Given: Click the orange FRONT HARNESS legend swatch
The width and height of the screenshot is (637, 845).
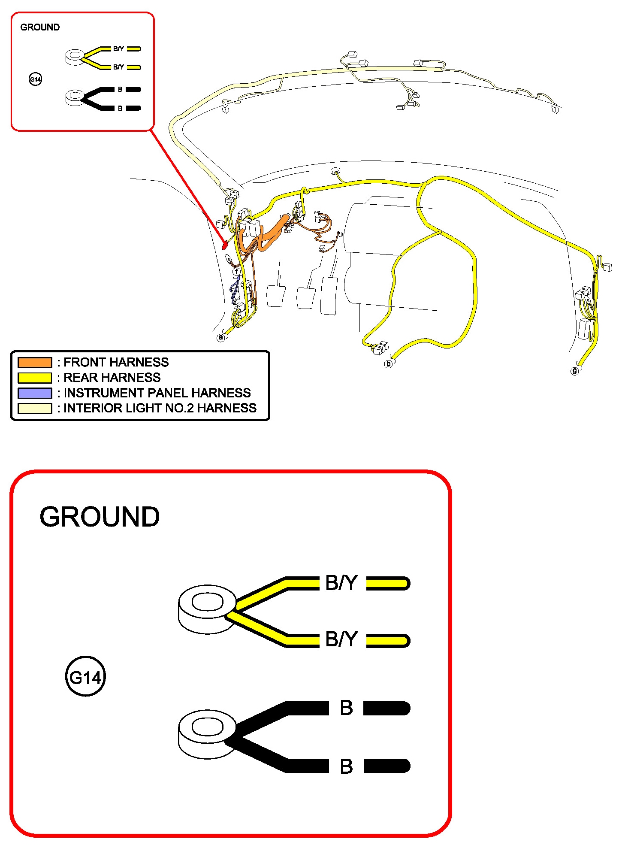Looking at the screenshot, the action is coord(34,362).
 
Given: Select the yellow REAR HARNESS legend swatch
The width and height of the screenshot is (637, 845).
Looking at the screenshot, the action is coord(34,378).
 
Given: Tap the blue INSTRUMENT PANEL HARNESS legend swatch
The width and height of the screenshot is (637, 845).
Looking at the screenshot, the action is coord(34,393).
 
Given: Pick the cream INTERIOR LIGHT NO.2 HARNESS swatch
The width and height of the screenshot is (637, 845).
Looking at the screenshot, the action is coord(34,408).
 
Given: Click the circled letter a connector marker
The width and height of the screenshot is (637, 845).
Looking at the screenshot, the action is coord(221,337).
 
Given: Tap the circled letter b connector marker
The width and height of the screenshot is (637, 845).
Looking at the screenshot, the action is coord(388,364).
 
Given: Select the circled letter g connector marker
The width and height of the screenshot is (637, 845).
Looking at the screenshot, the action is coord(574,371).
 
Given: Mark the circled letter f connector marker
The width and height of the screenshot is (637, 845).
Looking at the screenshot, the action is coord(236,271).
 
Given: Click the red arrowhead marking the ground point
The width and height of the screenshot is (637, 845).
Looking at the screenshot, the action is coord(224,246).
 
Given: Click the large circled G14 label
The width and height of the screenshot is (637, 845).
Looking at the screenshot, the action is coord(85,678).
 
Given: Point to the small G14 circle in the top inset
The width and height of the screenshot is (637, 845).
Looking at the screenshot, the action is coord(35,79).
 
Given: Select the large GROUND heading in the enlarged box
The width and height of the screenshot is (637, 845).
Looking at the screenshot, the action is coord(100,517).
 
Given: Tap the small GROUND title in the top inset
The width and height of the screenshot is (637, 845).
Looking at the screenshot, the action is coord(40,27).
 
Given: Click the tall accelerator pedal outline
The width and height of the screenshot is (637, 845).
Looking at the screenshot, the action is coord(329,296).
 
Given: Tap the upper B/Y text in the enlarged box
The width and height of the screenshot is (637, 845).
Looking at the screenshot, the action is coord(341,583).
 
